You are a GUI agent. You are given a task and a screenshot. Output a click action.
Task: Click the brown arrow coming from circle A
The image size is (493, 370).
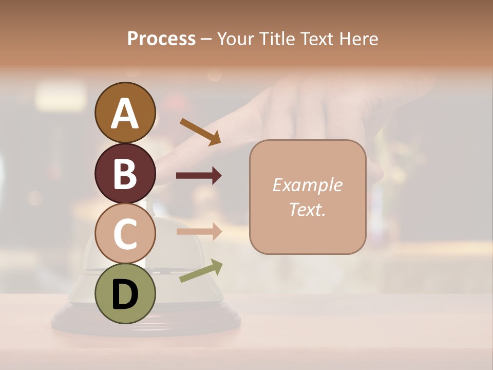[x=200, y=131]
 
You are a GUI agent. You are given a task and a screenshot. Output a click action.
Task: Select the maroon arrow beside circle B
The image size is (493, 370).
[x=199, y=176]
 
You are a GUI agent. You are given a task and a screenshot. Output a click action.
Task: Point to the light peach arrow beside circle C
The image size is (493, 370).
[x=199, y=231]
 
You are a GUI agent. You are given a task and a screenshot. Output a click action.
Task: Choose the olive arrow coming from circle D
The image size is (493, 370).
[x=201, y=271]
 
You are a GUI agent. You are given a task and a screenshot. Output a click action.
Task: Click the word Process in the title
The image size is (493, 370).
[x=161, y=39]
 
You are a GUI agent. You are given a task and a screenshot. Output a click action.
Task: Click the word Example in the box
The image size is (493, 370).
[x=307, y=185]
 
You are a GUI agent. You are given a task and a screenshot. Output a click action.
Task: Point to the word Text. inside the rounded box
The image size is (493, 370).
[x=307, y=209]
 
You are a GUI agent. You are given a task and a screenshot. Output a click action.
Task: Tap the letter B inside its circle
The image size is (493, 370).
[x=125, y=174]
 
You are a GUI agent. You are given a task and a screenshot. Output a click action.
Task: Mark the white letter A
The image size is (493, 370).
[x=125, y=113]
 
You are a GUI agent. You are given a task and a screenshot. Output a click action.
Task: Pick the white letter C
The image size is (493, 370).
[x=125, y=234]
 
